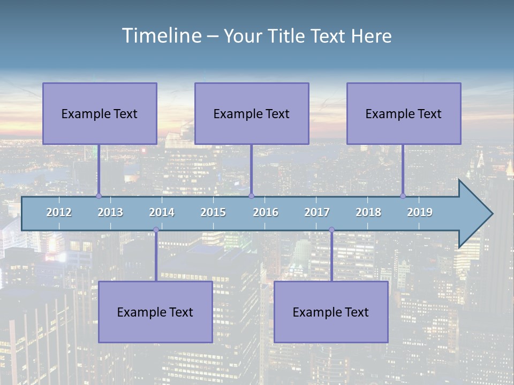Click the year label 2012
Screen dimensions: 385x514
[59, 212]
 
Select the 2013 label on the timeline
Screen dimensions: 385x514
[110, 212]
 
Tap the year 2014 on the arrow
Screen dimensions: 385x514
[162, 212]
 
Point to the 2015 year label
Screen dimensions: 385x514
[213, 212]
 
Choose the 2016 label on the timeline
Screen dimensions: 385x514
[266, 212]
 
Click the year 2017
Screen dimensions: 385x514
[317, 212]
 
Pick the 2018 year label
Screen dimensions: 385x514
[368, 212]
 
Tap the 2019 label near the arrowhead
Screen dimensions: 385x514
[420, 212]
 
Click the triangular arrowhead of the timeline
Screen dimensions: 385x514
[474, 214]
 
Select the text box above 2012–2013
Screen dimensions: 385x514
[100, 113]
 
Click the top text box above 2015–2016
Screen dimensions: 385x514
[252, 113]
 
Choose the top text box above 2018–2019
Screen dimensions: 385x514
[404, 113]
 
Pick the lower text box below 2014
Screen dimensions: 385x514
[155, 312]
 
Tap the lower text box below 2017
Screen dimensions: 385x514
[331, 312]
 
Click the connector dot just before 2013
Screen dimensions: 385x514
[99, 196]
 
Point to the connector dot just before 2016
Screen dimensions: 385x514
[252, 196]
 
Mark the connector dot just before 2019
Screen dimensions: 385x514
[403, 196]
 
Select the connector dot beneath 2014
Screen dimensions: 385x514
[156, 230]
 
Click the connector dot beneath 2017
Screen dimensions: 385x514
[331, 230]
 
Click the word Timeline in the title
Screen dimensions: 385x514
[161, 35]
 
